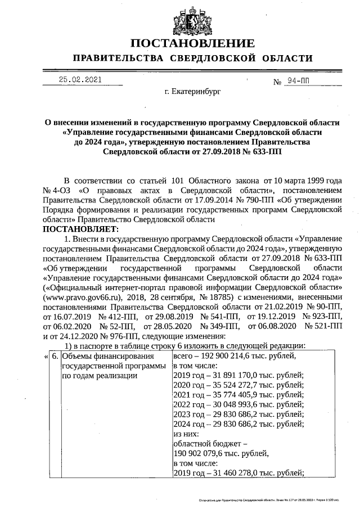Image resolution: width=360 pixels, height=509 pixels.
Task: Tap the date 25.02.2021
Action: [80, 80]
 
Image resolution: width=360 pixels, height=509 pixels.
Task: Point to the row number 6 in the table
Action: [55, 356]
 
